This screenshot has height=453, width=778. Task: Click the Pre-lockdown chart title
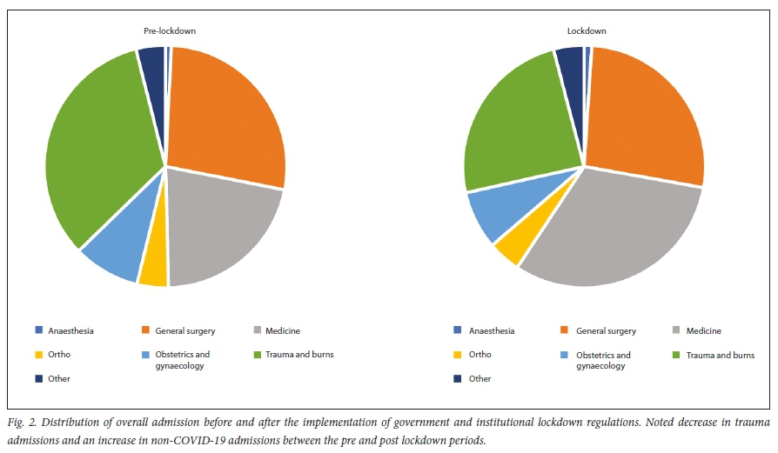click(x=170, y=31)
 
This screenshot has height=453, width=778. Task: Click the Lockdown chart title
click(x=587, y=31)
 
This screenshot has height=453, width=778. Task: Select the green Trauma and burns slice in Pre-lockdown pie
click(x=96, y=157)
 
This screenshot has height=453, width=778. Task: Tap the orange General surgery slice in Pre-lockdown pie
click(x=226, y=113)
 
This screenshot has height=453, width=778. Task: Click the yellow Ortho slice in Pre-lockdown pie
click(x=153, y=270)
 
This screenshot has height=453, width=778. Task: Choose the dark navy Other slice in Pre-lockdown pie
click(x=152, y=61)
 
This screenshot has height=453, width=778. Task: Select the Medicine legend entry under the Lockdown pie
click(x=704, y=330)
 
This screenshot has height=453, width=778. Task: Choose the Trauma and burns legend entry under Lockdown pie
click(x=720, y=355)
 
